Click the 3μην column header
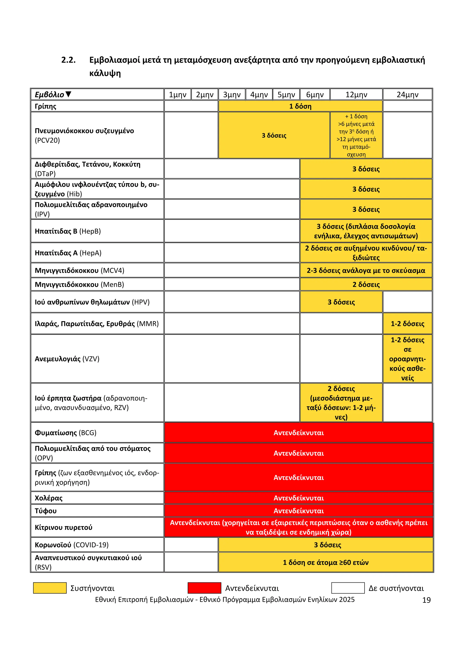[x=232, y=94]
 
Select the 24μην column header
[x=407, y=94]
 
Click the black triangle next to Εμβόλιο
[x=68, y=94]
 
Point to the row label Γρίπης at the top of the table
[x=46, y=106]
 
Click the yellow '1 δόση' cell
[x=300, y=106]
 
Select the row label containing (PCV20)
[x=84, y=135]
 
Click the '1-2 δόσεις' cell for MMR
[x=407, y=324]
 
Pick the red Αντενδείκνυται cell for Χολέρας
[x=299, y=498]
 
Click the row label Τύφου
[x=46, y=511]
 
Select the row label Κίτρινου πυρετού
[x=63, y=527]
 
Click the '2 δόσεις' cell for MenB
[x=366, y=285]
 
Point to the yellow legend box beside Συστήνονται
[x=50, y=588]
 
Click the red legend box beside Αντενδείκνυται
[x=204, y=588]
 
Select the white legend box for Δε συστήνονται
[x=348, y=588]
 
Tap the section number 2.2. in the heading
[x=69, y=60]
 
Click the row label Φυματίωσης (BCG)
[x=66, y=433]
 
